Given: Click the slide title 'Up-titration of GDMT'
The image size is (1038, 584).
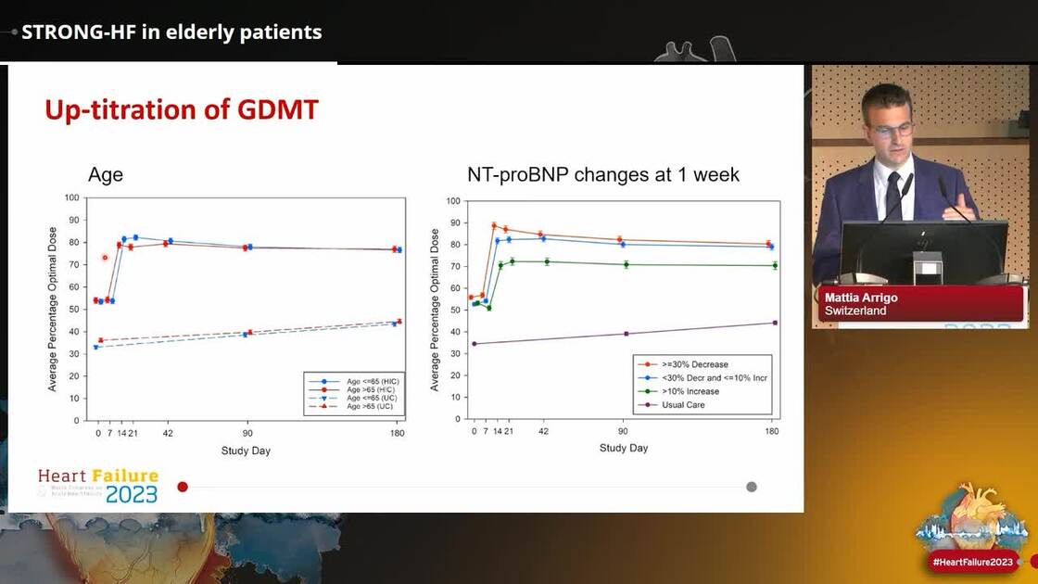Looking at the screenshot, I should point(182,110).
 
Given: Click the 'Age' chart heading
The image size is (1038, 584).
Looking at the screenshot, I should point(105,174).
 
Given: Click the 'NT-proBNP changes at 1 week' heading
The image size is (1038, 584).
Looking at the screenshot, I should point(603,174).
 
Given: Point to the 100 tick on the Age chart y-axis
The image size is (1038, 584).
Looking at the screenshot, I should point(71,197).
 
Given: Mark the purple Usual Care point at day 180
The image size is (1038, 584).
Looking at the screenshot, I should point(774,323).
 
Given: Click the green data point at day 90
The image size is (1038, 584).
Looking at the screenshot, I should point(626,264).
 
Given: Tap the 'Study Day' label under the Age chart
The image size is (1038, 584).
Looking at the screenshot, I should point(246,451).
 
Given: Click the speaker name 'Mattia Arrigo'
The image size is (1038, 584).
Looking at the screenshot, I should point(861,298).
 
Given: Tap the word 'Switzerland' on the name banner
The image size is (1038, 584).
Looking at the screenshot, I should point(855,311).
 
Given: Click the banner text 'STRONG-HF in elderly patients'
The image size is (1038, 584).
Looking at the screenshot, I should point(171,32).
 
